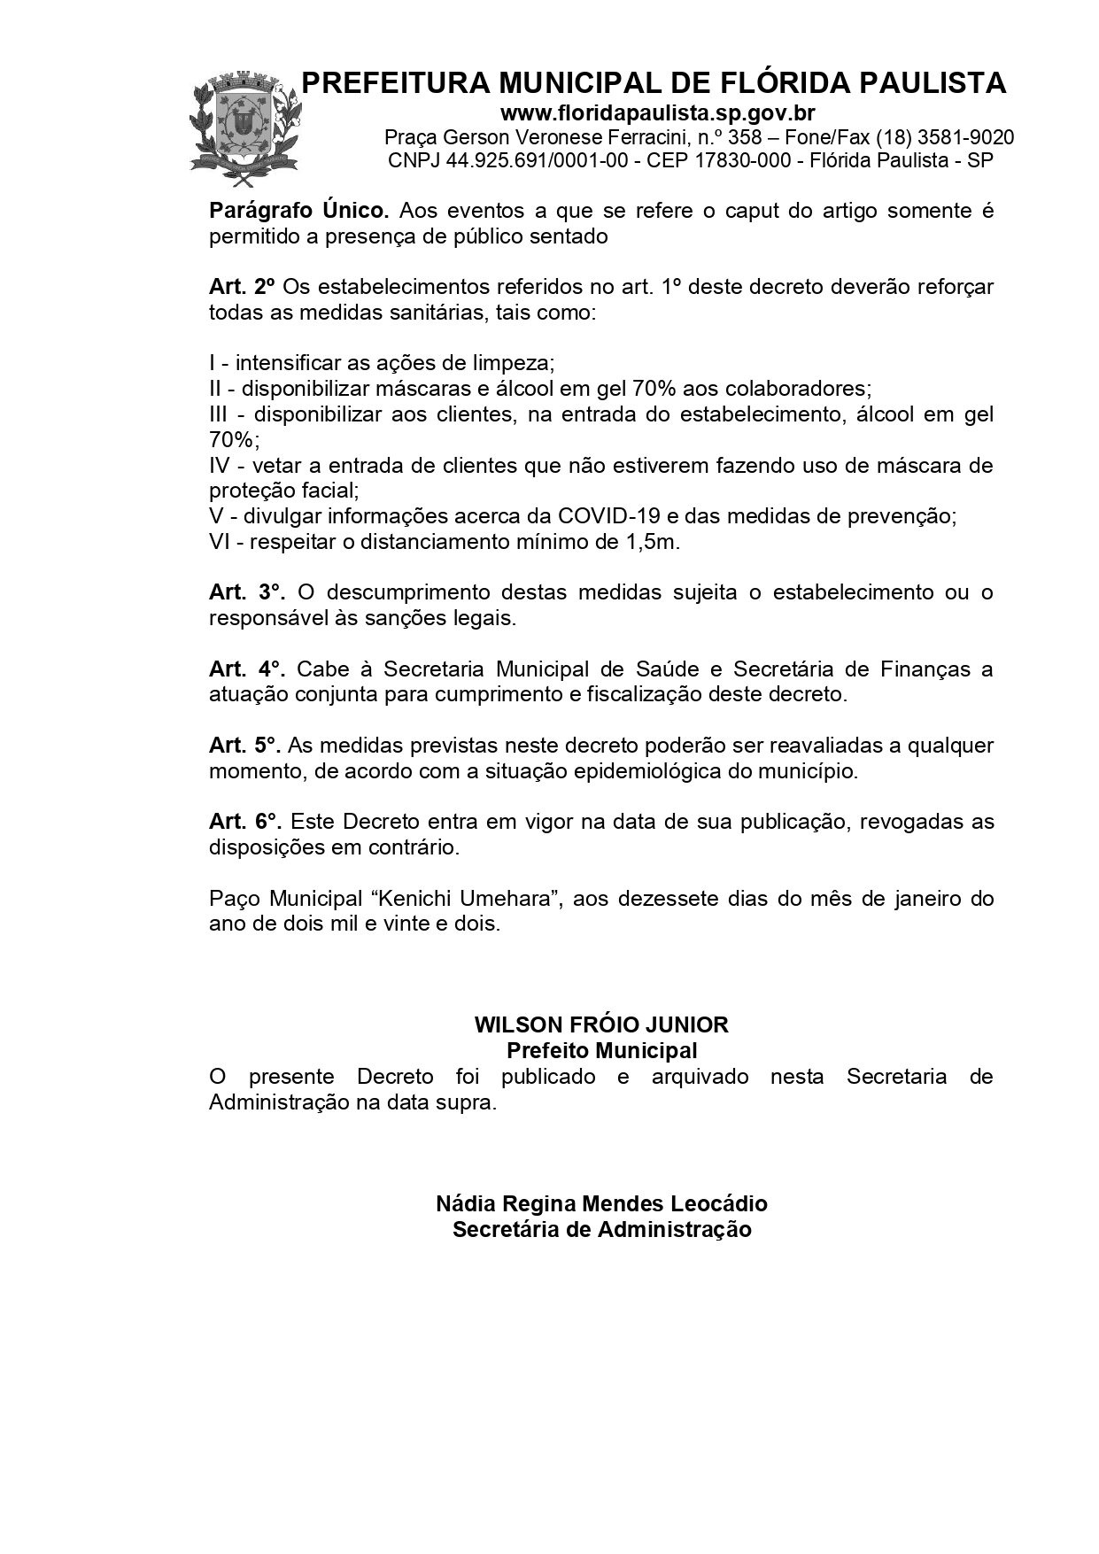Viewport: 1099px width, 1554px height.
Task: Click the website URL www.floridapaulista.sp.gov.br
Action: (657, 113)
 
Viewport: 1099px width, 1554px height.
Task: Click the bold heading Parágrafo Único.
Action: (299, 212)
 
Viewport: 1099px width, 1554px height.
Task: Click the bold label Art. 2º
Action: (242, 288)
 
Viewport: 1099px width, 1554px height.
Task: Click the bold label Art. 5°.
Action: (245, 746)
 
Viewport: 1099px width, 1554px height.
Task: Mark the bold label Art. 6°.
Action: (245, 822)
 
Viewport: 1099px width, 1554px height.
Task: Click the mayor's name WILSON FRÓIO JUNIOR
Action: (601, 1025)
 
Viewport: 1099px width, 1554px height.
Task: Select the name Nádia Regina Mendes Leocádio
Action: (601, 1204)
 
